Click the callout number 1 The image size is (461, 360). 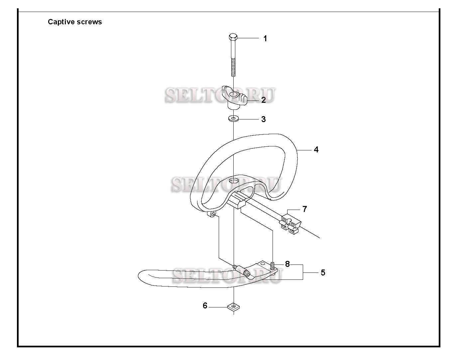click(265, 39)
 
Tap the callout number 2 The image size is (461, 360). click(264, 100)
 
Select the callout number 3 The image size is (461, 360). click(264, 119)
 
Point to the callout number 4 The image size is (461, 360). click(316, 150)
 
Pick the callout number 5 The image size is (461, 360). click(323, 272)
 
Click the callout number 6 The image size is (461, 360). click(205, 306)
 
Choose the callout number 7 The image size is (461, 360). click(305, 209)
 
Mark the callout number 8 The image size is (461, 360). click(287, 264)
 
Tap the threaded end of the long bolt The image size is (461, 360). click(233, 68)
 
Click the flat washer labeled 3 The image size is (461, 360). click(234, 118)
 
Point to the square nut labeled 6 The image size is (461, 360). click(233, 307)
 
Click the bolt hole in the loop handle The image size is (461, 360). click(234, 181)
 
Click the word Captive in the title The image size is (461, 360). click(61, 22)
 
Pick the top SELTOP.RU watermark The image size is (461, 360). click(220, 95)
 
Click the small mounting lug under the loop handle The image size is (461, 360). click(212, 214)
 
